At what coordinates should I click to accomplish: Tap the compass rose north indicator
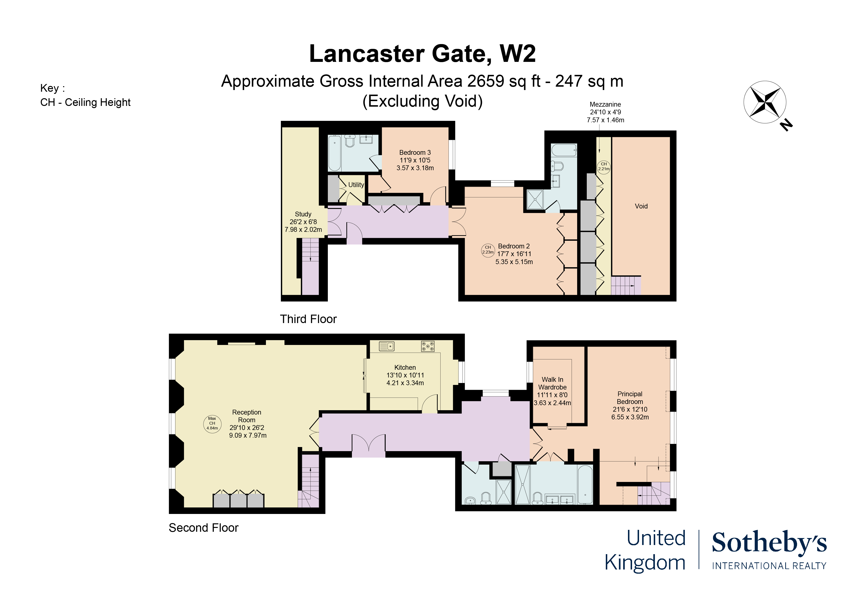point(765,102)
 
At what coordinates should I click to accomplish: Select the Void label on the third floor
point(641,206)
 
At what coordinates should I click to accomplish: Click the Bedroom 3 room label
point(415,160)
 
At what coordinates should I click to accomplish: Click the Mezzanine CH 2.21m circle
point(604,167)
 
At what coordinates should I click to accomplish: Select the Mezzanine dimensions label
point(605,112)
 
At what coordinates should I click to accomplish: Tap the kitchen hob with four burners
point(428,346)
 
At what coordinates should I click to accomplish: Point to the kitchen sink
point(386,346)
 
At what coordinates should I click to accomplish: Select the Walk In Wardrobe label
point(552,391)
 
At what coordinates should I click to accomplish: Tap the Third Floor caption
point(308,319)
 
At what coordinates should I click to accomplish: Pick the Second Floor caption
point(204,528)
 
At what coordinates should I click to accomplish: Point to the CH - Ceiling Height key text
point(85,102)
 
